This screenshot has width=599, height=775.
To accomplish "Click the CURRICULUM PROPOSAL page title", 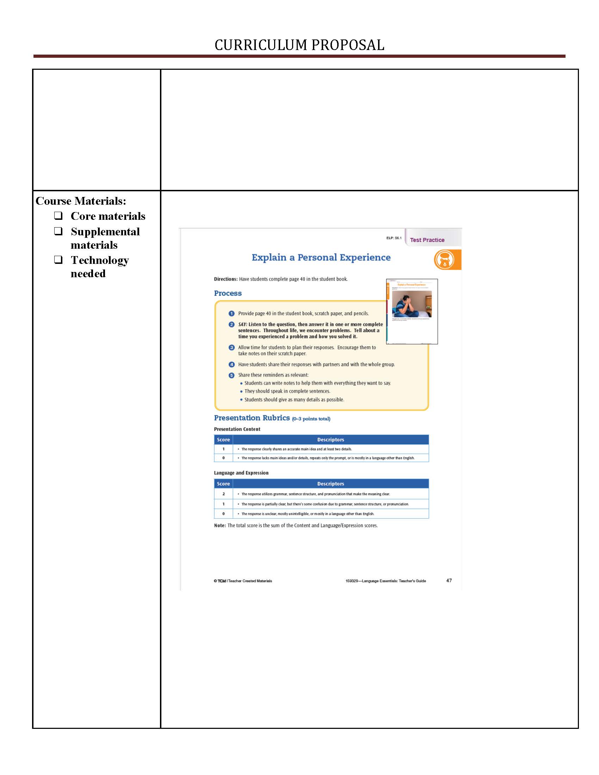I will [x=299, y=45].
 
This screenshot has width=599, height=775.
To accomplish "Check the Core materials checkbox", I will [x=58, y=215].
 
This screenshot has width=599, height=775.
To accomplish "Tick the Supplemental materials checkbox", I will [x=58, y=231].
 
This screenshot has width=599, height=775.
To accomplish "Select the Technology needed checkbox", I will [x=58, y=259].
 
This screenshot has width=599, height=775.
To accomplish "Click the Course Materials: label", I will [x=81, y=201].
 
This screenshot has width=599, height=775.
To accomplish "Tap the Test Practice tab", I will [x=427, y=240].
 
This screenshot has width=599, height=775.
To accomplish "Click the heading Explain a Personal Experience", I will [x=321, y=257].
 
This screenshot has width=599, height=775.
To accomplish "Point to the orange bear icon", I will [x=444, y=260].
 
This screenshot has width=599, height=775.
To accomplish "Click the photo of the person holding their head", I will [x=412, y=304].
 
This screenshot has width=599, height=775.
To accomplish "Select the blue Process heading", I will [x=228, y=293].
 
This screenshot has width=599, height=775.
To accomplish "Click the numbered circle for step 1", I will [x=231, y=313].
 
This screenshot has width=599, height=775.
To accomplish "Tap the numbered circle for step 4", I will [x=231, y=365].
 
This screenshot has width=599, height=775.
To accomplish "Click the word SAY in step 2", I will [x=242, y=324].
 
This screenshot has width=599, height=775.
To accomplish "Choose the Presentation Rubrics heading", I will [x=252, y=418].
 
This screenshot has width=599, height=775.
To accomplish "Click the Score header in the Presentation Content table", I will [x=223, y=440].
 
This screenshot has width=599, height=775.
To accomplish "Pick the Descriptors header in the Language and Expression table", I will [x=331, y=484].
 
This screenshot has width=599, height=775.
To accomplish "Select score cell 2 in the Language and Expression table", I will [x=223, y=494].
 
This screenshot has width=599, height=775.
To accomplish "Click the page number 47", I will [x=449, y=580].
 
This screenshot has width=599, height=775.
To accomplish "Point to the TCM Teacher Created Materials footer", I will [x=243, y=581].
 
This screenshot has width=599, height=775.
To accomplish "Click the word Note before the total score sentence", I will [x=220, y=526].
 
